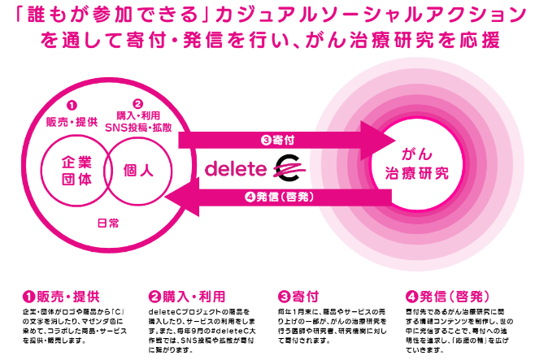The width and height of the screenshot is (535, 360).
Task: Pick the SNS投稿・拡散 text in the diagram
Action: pos(139,128)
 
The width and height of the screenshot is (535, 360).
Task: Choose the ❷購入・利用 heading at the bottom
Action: pos(182,297)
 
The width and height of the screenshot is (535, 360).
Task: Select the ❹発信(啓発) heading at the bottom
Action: pos(439,297)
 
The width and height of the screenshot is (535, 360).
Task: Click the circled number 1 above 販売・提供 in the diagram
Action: pos(72,106)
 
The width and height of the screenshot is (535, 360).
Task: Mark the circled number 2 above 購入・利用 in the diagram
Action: pos(138,105)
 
